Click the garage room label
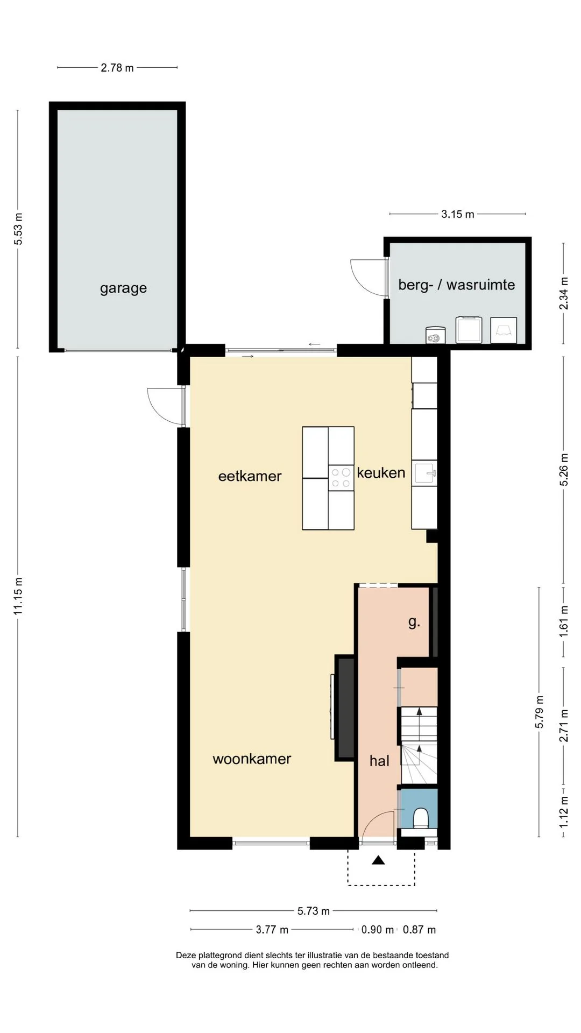tap(123, 288)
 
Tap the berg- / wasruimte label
tap(456, 285)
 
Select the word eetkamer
tap(250, 476)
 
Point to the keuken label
tap(381, 473)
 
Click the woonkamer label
tap(252, 759)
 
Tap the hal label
tap(379, 761)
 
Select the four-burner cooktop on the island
tap(341, 478)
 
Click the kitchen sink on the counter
tap(424, 473)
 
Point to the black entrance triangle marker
tap(379, 860)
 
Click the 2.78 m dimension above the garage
tap(117, 68)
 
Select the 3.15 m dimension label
tap(458, 214)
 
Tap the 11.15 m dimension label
tap(18, 596)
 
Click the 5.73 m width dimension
tap(314, 911)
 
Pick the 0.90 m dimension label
tap(378, 929)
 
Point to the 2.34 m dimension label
tap(564, 293)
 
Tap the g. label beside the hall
tap(414, 622)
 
